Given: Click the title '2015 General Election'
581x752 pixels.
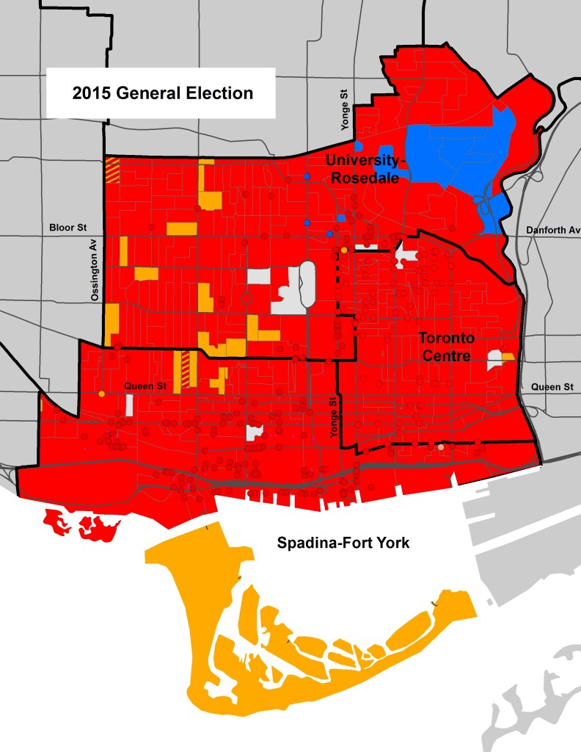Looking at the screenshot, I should coord(162,93).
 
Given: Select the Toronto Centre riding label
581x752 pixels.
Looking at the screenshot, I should coord(447,348).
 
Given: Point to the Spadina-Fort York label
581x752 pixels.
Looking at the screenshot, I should coord(342,543).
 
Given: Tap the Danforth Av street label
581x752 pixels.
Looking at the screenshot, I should coord(552,231).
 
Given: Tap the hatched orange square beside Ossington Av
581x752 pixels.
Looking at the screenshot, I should coord(112,170).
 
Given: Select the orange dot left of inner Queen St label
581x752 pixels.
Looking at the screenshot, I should coord(101,394).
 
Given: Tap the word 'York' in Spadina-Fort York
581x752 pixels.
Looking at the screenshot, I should coord(390,543).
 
